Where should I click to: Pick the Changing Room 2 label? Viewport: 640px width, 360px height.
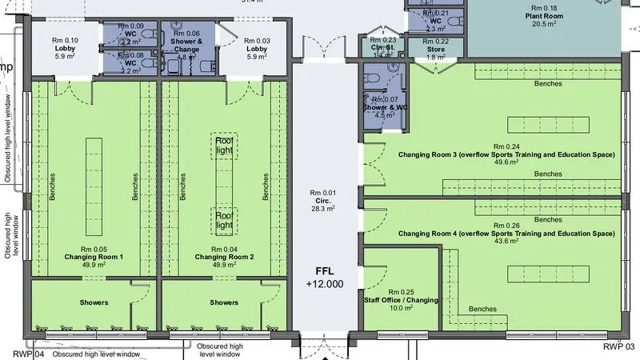(224, 257)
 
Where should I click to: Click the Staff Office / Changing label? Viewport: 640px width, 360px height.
(402, 299)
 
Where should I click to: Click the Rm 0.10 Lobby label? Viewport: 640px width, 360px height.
(66, 48)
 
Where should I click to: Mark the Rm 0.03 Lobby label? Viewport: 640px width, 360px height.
(257, 48)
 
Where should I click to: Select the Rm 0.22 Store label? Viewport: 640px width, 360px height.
(436, 50)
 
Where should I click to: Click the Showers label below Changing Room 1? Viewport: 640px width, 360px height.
(94, 302)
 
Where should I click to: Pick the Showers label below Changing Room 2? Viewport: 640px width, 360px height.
(224, 302)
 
